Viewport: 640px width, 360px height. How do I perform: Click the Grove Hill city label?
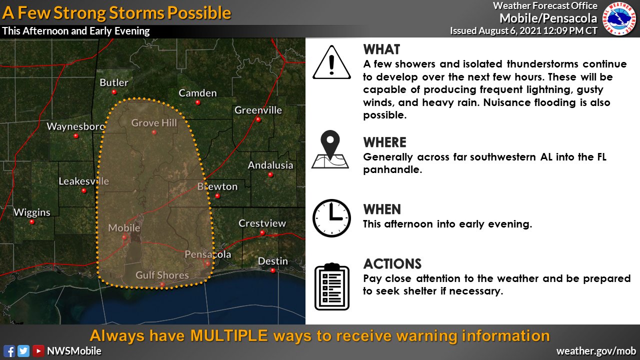(x=154, y=123)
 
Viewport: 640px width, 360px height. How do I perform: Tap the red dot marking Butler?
(x=114, y=92)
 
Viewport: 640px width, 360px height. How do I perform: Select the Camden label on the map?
(x=197, y=93)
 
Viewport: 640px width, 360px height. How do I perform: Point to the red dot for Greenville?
(x=258, y=119)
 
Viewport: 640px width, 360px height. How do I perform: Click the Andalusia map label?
(x=270, y=165)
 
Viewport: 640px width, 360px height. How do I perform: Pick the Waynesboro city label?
(x=75, y=126)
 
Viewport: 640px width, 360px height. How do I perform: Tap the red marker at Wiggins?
(x=32, y=221)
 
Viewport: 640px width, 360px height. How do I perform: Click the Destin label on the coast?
(x=272, y=261)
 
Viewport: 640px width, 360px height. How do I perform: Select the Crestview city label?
(x=262, y=223)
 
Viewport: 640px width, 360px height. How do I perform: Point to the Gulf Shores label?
(x=162, y=275)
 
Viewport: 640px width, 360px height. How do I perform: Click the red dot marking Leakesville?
(x=84, y=190)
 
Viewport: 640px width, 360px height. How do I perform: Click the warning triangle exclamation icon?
(x=331, y=62)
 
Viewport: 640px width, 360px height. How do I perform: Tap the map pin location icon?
(x=330, y=149)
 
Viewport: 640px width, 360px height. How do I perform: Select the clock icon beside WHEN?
(x=331, y=218)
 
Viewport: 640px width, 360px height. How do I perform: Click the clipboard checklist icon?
(x=331, y=286)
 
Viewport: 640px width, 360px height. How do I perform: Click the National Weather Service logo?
(x=619, y=18)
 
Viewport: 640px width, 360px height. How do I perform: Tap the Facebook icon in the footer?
(x=9, y=351)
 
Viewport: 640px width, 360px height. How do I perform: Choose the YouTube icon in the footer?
(x=38, y=351)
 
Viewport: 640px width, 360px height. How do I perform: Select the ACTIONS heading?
(x=392, y=264)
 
